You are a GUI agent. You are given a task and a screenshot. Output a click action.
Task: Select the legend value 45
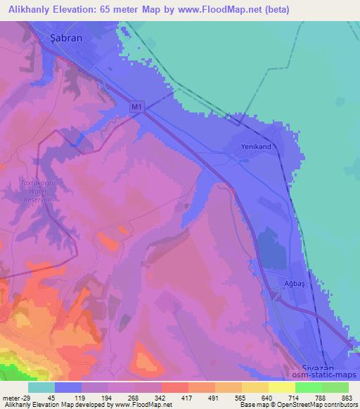(x=41, y=397)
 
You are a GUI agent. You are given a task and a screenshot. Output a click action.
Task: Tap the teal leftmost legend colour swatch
(x=41, y=387)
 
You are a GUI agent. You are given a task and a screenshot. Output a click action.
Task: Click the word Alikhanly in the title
(x=28, y=11)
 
